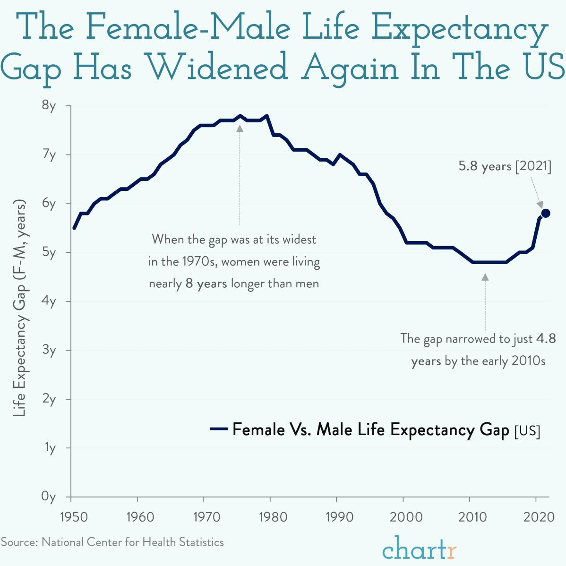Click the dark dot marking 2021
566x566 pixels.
coord(545,213)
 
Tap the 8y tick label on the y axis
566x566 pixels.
coord(49,105)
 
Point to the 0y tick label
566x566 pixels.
coord(49,497)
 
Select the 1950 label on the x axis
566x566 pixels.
coord(74,517)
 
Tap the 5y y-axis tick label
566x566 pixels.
coord(49,252)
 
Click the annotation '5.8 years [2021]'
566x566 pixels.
coord(505,166)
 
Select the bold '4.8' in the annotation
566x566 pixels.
coord(546,338)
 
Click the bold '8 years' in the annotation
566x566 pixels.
coord(206,284)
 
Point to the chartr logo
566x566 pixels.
coord(419,549)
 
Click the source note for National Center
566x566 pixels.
coord(112,542)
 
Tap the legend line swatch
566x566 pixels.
coord(219,429)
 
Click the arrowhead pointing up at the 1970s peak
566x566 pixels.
coord(240,128)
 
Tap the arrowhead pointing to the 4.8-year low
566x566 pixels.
coord(485,277)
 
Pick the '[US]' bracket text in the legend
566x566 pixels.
coord(527,431)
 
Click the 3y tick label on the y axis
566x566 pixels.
coord(49,350)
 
